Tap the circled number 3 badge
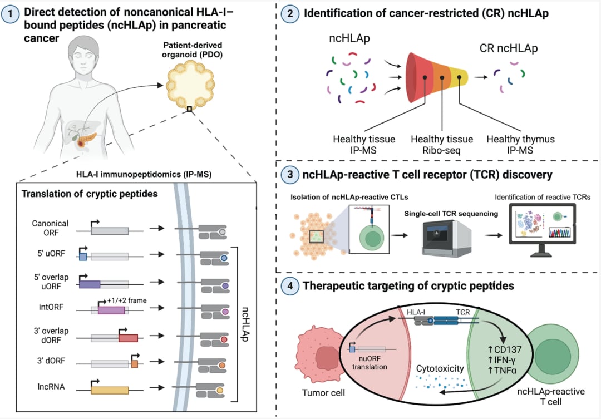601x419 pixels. (289, 175)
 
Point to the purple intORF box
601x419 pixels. (111, 310)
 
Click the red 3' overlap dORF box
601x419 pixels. (128, 338)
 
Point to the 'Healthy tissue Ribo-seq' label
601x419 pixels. (442, 144)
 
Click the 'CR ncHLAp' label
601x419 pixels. (509, 48)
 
